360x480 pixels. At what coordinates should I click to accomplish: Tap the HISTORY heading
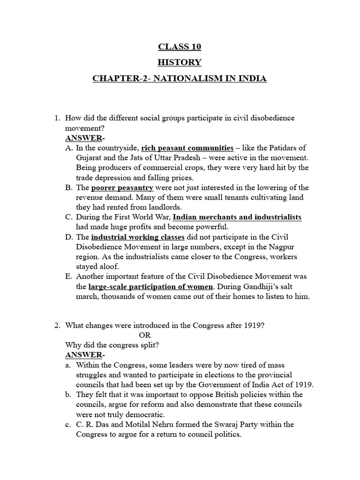[180, 62]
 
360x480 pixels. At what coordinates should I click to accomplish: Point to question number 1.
[58, 118]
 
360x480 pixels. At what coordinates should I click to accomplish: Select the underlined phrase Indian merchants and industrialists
[237, 217]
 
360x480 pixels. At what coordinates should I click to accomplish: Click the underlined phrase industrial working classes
[138, 237]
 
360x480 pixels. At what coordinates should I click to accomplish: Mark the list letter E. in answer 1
[68, 277]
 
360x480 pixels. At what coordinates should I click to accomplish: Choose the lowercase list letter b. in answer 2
[68, 395]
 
